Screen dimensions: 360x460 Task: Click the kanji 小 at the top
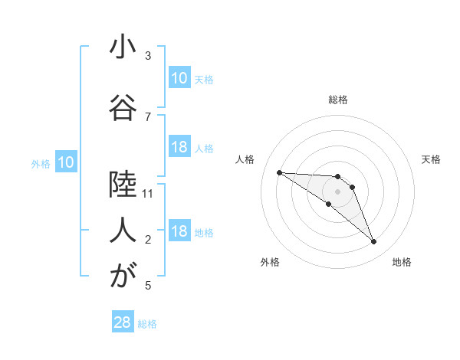point(123,47)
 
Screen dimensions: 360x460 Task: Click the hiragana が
point(123,276)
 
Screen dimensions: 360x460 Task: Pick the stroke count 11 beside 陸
point(148,194)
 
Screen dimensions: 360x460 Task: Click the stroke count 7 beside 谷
point(148,116)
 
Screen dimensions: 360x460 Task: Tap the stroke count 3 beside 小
point(148,56)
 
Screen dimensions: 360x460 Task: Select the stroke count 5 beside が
point(148,286)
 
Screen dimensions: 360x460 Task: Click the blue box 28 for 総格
point(123,322)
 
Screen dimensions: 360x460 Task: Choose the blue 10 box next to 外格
point(66,162)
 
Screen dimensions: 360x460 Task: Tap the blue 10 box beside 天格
point(179,78)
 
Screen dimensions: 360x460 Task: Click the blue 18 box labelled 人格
point(179,147)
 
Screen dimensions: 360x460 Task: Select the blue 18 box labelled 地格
point(179,231)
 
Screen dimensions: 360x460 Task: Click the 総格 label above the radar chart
point(338,100)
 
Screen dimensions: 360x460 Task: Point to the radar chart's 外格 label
point(270,262)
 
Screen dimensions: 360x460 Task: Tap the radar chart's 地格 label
point(402,262)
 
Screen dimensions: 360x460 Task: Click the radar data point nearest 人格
point(279,172)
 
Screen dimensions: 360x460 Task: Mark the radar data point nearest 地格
point(373,242)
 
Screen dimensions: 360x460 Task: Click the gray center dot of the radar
point(337,191)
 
